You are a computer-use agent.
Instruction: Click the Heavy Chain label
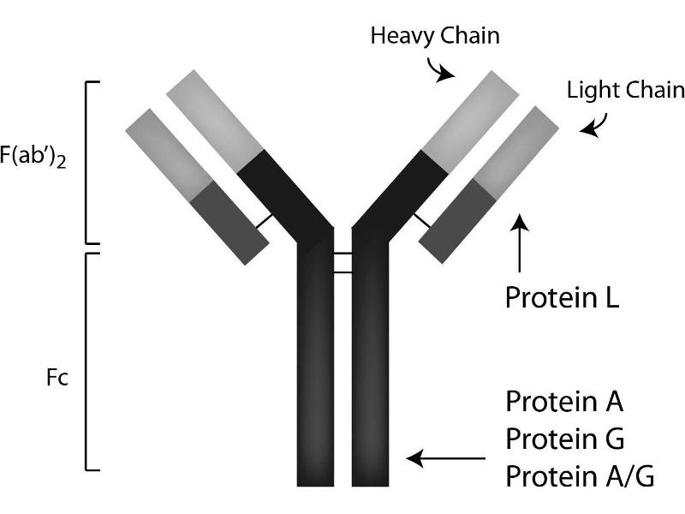[434, 36]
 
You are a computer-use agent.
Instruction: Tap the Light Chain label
[626, 90]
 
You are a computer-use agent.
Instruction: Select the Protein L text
[562, 296]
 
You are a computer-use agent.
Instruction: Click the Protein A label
[564, 401]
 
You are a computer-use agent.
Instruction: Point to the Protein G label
[565, 439]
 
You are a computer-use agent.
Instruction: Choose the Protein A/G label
[580, 475]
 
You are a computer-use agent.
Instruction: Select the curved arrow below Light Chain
[592, 124]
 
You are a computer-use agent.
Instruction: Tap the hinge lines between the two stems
[342, 263]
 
